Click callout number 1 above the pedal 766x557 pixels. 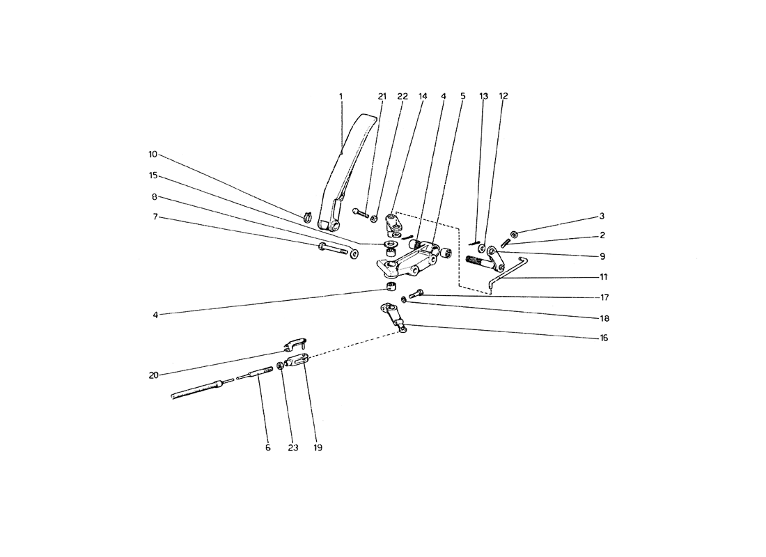coord(341,96)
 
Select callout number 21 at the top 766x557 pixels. coord(382,96)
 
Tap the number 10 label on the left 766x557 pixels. coord(153,155)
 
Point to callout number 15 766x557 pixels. coord(153,175)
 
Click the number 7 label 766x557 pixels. coord(155,217)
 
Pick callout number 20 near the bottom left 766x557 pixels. coord(154,375)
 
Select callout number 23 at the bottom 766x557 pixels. coord(292,448)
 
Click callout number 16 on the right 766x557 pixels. coord(604,338)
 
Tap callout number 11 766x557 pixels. coord(603,277)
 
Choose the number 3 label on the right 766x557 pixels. coord(602,216)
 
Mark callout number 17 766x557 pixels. coord(604,297)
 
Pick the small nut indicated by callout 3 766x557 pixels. coord(515,233)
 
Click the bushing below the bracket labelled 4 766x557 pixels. coord(391,285)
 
